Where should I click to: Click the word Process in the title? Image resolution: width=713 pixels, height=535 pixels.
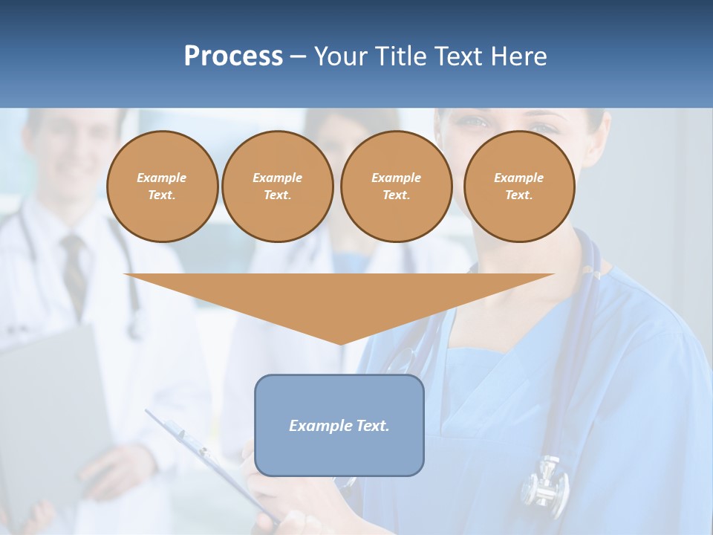pyautogui.click(x=233, y=56)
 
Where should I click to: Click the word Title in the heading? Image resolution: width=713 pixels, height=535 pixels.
pyautogui.click(x=400, y=56)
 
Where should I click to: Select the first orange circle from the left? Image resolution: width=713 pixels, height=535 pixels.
pyautogui.click(x=163, y=187)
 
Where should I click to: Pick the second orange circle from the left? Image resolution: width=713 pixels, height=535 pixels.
pyautogui.click(x=278, y=187)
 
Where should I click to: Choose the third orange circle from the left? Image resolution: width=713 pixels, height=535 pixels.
pyautogui.click(x=397, y=187)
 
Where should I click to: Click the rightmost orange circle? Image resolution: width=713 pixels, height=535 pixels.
pyautogui.click(x=519, y=187)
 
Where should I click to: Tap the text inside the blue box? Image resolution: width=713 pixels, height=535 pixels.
pyautogui.click(x=339, y=426)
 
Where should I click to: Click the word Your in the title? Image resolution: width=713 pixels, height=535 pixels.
pyautogui.click(x=342, y=56)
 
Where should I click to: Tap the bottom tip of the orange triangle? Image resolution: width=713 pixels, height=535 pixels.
pyautogui.click(x=340, y=343)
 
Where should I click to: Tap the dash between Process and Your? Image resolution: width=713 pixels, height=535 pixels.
pyautogui.click(x=299, y=56)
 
